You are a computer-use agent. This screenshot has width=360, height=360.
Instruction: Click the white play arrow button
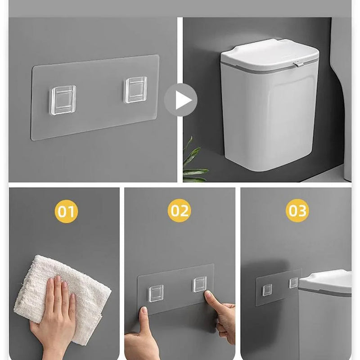coord(180,100)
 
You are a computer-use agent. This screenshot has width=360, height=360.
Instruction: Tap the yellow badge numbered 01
coord(66,211)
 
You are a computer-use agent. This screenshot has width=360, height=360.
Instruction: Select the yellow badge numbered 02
coord(180,211)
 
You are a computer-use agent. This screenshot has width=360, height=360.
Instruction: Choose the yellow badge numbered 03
coord(297,211)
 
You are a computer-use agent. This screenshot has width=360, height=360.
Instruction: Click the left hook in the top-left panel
coord(63,100)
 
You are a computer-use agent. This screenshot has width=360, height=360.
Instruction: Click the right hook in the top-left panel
coord(135,90)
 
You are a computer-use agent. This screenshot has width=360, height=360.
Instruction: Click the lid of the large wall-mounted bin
coord(269,52)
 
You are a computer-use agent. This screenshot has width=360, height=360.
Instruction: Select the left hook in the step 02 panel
coord(156,293)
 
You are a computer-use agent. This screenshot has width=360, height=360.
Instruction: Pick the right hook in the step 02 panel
coord(200,284)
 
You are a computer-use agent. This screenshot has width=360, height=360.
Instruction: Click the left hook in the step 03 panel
coord(267,290)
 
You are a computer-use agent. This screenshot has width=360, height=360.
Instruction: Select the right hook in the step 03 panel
coord(293,283)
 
